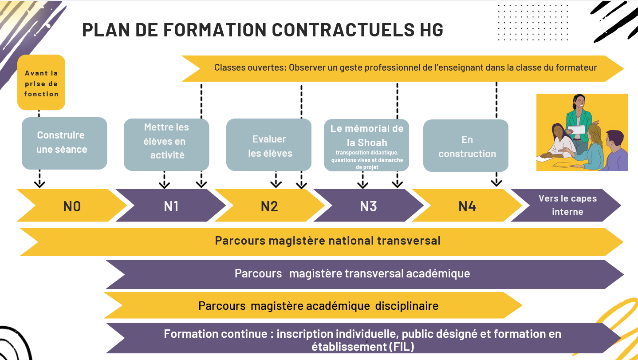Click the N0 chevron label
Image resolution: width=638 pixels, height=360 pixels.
[x=72, y=206]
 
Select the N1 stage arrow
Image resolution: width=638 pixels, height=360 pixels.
[x=171, y=205]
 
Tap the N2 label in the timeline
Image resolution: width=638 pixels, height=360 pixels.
[x=269, y=206]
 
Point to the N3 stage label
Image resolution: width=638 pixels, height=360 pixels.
[x=368, y=206]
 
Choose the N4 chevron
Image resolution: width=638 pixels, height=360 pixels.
[x=467, y=205]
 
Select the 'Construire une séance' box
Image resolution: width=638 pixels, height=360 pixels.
[x=64, y=143]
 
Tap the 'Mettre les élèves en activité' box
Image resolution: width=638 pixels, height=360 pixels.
[x=166, y=145]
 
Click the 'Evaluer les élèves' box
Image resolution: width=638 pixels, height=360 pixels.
[x=269, y=145]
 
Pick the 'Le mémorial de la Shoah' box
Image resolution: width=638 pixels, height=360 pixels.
[x=366, y=145]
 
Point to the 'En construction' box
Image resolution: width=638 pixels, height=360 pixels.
[x=466, y=145]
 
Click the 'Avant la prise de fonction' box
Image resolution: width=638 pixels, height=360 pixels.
[x=41, y=83]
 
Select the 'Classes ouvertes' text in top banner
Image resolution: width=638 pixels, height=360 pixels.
[x=250, y=67]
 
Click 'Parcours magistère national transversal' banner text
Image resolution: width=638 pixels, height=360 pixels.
[x=327, y=241]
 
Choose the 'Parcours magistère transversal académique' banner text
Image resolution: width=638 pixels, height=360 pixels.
[x=352, y=273]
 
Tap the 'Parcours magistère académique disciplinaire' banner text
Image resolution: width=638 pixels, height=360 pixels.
[x=319, y=306]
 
